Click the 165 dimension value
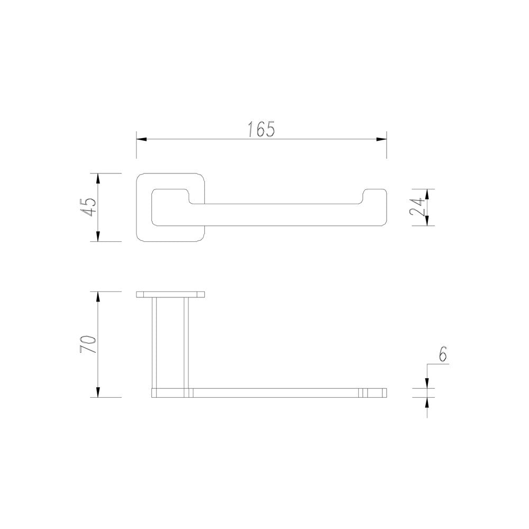pos(262,129)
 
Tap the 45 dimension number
pos(88,207)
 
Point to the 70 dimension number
pos(88,344)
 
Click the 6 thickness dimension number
pos(443,354)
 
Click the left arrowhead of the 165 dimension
pos(141,139)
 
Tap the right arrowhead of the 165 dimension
pos(381,139)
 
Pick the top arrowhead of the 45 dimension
pos(98,178)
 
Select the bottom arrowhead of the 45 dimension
pos(98,236)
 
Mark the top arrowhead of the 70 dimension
pos(98,297)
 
